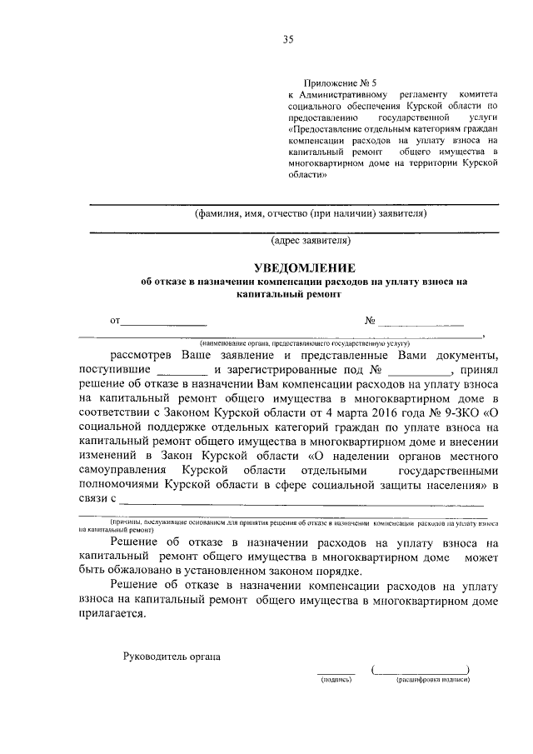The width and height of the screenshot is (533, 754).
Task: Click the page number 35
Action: click(x=288, y=39)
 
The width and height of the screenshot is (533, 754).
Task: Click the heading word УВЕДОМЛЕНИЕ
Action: click(x=305, y=268)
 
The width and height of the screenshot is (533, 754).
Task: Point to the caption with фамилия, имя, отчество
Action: click(x=311, y=212)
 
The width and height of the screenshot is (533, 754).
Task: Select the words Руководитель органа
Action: click(x=171, y=657)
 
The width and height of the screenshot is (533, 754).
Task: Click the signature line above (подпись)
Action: click(x=336, y=672)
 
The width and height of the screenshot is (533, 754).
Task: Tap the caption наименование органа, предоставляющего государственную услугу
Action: click(x=300, y=342)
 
